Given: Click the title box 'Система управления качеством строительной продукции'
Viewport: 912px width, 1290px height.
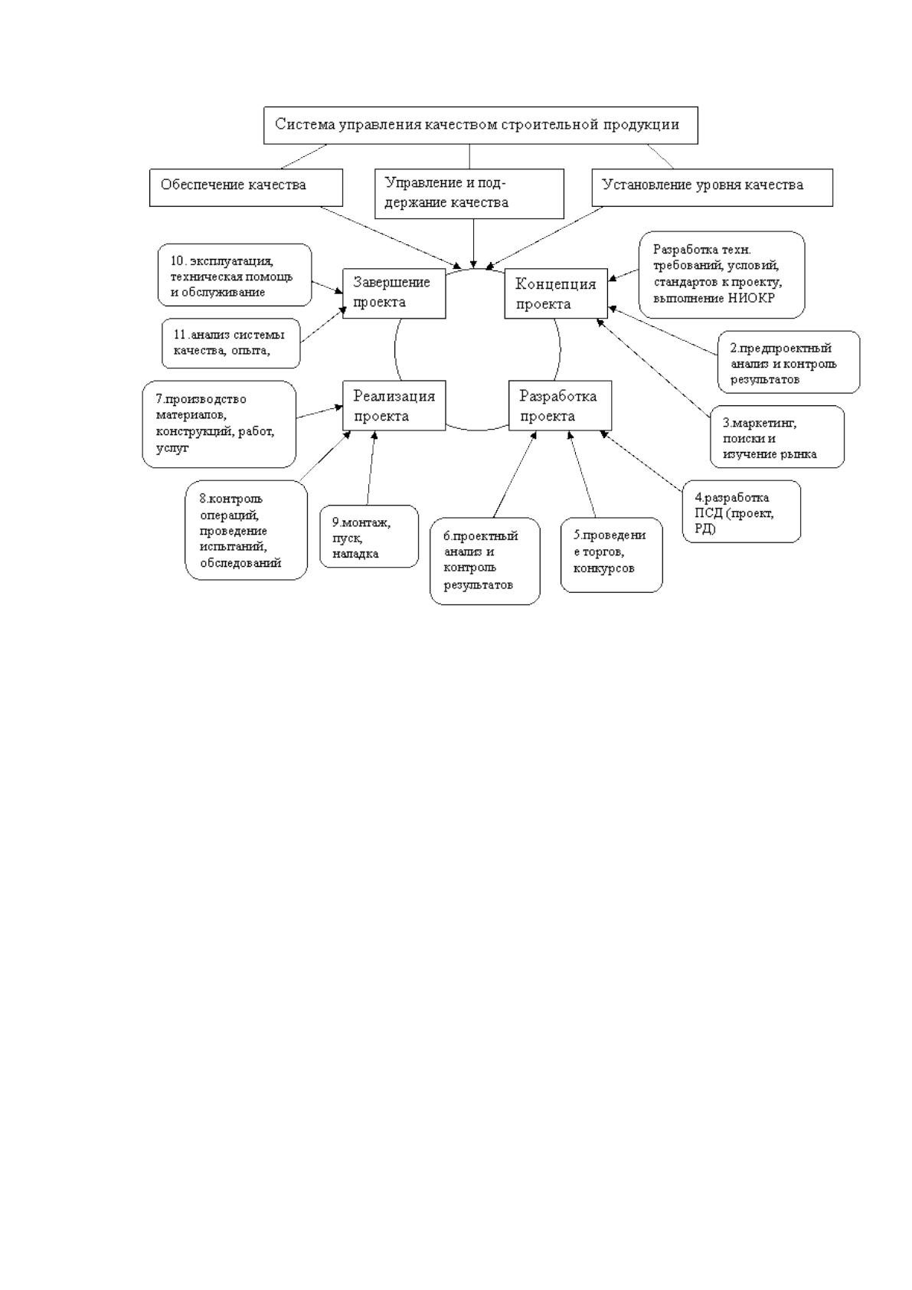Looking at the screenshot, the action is [480, 125].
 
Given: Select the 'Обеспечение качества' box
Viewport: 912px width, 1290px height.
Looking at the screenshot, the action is [246, 187].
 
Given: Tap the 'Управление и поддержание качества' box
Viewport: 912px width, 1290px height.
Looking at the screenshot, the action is [469, 194].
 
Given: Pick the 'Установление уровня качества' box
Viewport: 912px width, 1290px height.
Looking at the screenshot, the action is [712, 187].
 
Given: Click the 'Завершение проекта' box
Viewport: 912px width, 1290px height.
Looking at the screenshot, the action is [394, 293].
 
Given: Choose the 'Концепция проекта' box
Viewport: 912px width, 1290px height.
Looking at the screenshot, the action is [556, 293].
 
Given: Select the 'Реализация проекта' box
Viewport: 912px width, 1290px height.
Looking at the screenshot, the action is [394, 405].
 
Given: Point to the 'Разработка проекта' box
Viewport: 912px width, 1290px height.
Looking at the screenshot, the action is [560, 405].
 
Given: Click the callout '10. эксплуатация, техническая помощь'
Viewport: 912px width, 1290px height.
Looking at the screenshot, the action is [235, 275].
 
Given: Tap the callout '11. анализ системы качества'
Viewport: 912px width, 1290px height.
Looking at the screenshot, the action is [231, 343].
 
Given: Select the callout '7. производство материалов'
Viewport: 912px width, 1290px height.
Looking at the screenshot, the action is [219, 424].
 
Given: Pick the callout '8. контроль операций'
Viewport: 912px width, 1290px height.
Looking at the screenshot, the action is [247, 530].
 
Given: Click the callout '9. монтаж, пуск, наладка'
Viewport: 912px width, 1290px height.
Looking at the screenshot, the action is [369, 537].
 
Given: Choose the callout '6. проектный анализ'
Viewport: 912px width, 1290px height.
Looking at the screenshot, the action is [485, 561].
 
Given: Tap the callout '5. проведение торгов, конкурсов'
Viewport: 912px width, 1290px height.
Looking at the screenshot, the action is [612, 555].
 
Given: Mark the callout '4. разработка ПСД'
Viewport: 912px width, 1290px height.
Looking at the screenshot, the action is [741, 512].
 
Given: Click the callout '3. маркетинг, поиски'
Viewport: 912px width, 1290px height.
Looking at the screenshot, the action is [777, 437].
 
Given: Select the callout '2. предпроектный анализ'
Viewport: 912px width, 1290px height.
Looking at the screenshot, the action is [789, 362].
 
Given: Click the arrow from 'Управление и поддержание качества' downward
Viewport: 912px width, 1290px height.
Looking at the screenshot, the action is [473, 244].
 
